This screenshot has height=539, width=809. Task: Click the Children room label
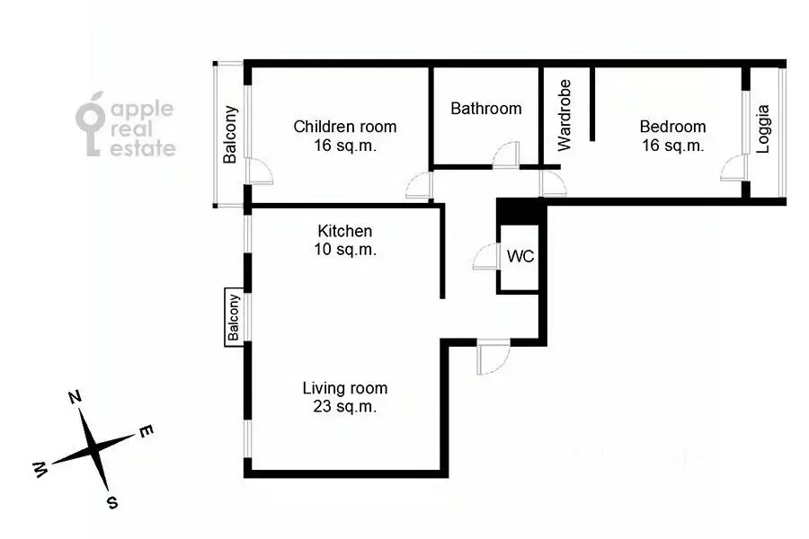click(345, 127)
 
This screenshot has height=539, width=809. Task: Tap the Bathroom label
click(485, 109)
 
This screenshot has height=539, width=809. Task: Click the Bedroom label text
click(672, 127)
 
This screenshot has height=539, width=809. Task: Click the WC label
click(520, 256)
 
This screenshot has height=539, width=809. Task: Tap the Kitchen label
click(345, 232)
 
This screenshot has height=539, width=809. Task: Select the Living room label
click(345, 388)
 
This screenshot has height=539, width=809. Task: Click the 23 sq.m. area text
click(345, 407)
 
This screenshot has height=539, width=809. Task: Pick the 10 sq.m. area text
click(345, 250)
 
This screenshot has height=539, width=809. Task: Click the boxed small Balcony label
click(234, 318)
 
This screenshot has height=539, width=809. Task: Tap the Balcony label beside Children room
click(230, 135)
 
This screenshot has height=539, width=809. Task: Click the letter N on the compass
click(76, 397)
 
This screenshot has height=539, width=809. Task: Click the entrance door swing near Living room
click(492, 358)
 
